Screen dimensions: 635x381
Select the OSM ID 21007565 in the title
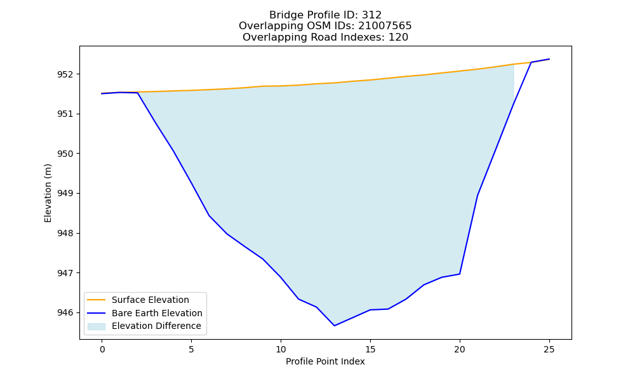point(385,26)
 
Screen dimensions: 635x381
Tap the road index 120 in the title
point(398,37)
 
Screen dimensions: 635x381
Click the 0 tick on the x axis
point(102,349)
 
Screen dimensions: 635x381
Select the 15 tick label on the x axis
point(370,349)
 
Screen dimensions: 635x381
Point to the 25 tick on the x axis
point(549,349)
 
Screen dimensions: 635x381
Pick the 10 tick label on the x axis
point(281,349)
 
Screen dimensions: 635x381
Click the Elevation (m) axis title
point(48,193)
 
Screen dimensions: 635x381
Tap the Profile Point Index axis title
point(325,361)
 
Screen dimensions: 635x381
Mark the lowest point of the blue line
point(334,326)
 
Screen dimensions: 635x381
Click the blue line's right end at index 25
point(549,59)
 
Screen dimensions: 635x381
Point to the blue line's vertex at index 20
point(460,274)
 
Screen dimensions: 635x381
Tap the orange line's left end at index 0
point(102,93)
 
